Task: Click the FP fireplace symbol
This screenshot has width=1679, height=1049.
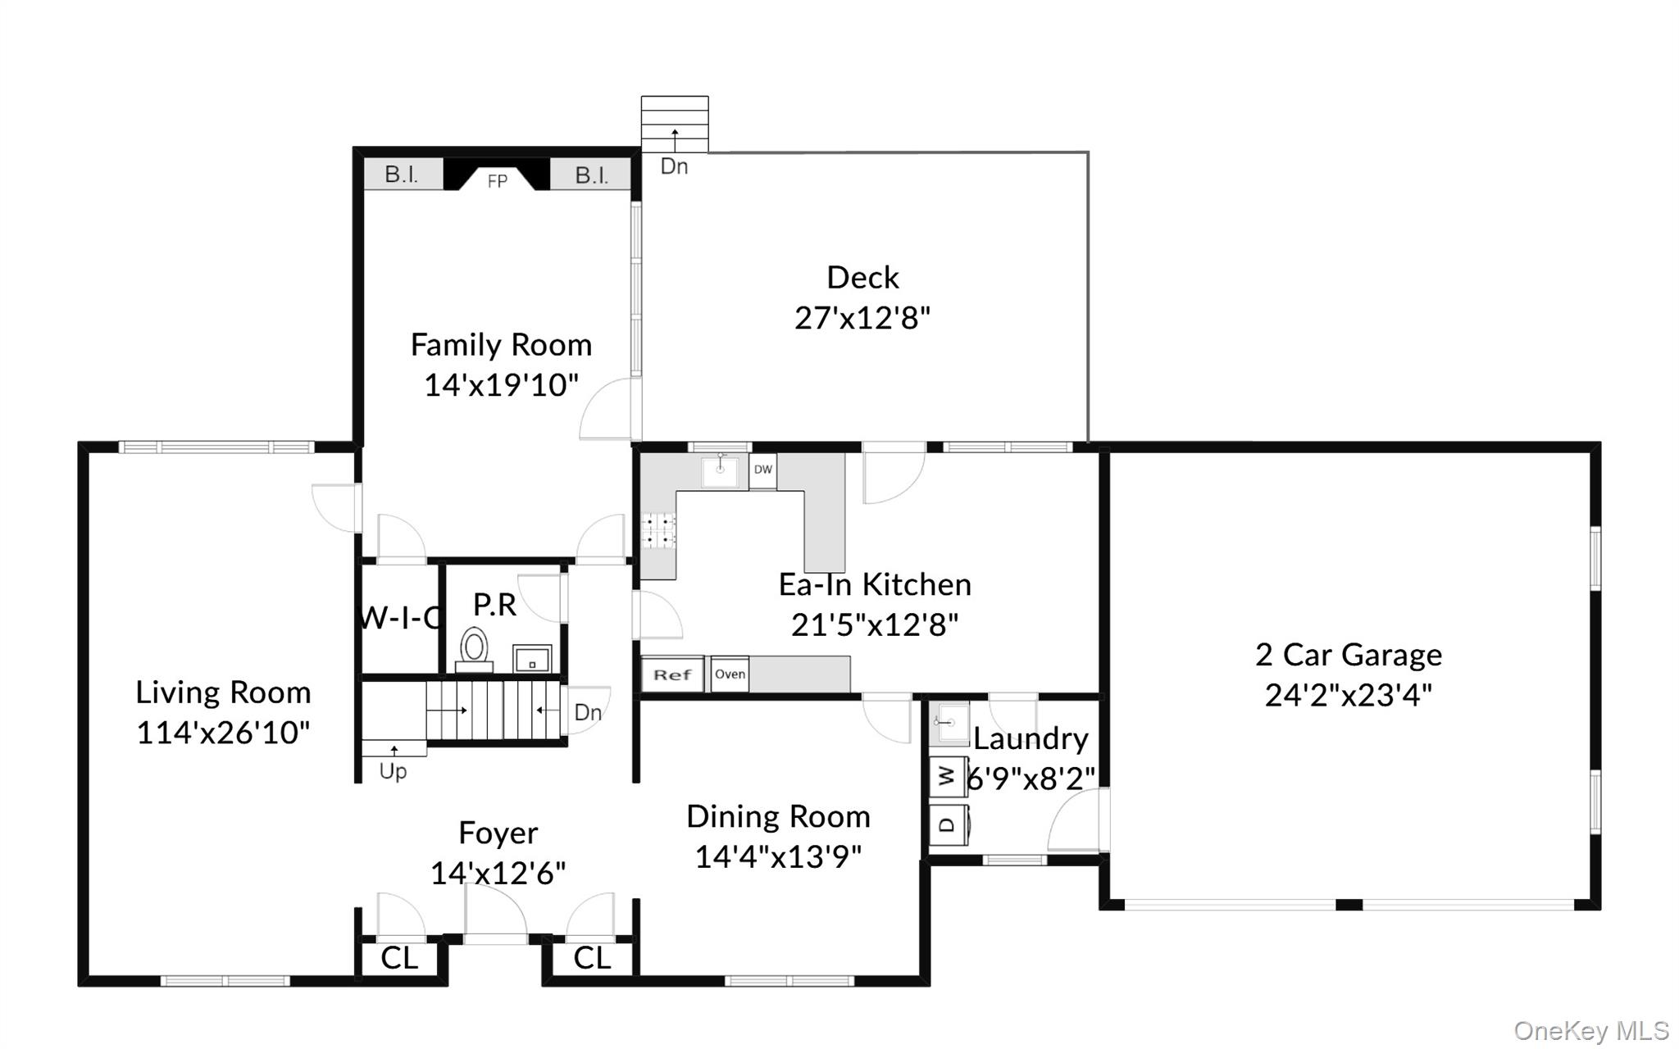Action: pyautogui.click(x=497, y=175)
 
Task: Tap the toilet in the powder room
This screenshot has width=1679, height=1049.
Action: pyautogui.click(x=474, y=649)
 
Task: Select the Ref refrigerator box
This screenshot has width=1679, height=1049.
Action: pyautogui.click(x=672, y=674)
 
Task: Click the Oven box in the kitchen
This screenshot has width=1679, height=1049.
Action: pyautogui.click(x=730, y=674)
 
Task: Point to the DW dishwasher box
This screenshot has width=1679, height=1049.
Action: pyautogui.click(x=762, y=470)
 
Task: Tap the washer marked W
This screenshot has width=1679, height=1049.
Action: pyautogui.click(x=948, y=775)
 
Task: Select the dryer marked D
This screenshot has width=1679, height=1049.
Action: pyautogui.click(x=949, y=823)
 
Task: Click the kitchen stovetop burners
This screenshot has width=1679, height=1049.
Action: pyautogui.click(x=657, y=530)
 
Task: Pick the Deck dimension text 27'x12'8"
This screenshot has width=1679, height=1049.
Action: pyautogui.click(x=862, y=318)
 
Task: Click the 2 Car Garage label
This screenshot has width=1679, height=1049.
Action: pyautogui.click(x=1349, y=655)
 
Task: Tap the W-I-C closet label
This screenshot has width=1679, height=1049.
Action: pyautogui.click(x=399, y=618)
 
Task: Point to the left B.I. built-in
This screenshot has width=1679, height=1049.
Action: pyautogui.click(x=402, y=175)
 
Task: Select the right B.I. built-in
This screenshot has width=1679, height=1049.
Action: pyautogui.click(x=591, y=175)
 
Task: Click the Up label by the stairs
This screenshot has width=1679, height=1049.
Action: pyautogui.click(x=393, y=771)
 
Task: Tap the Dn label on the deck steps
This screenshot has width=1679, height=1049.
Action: pyautogui.click(x=674, y=166)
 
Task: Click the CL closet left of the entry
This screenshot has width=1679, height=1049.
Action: pyautogui.click(x=399, y=957)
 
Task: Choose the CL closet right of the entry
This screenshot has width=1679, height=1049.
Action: pyautogui.click(x=592, y=957)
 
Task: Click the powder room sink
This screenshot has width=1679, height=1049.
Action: pyautogui.click(x=532, y=658)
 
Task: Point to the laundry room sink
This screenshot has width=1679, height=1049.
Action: pyautogui.click(x=949, y=722)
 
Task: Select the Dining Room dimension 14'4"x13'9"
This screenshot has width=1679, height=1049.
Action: pyautogui.click(x=778, y=857)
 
